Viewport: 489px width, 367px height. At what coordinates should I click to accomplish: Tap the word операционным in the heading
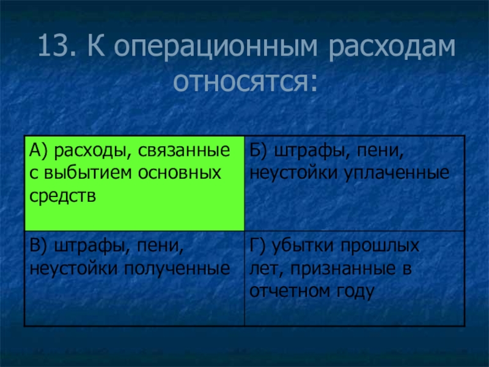(x=216, y=48)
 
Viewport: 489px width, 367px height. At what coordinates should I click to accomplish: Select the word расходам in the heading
(x=392, y=48)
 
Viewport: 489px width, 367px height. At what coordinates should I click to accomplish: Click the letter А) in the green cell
(x=39, y=151)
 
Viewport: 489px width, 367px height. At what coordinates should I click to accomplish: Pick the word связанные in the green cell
(x=184, y=151)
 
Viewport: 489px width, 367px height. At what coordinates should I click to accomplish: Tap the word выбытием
(x=88, y=173)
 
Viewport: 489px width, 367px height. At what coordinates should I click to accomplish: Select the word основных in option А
(x=179, y=174)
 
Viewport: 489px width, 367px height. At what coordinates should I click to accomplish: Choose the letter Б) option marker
(x=259, y=151)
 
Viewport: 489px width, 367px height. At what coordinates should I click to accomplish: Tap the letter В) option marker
(x=39, y=246)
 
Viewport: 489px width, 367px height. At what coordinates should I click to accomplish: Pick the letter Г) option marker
(x=257, y=246)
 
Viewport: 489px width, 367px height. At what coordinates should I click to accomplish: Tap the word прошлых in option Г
(x=380, y=247)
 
